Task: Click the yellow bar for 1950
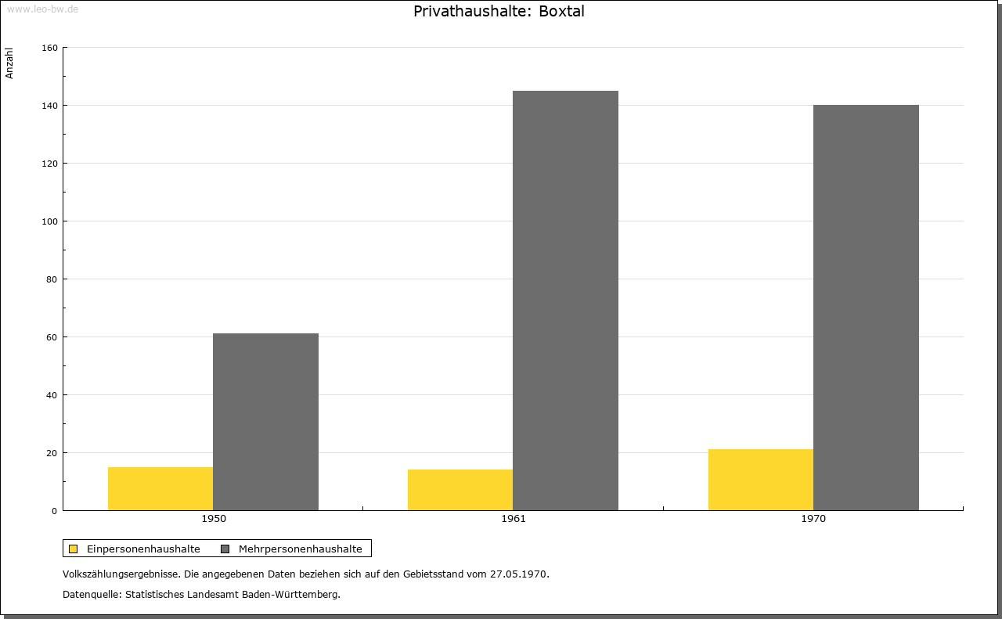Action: pos(160,489)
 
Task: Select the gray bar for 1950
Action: pos(265,422)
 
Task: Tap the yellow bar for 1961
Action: pos(460,490)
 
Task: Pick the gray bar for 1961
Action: pos(565,301)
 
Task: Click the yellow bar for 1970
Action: pos(761,480)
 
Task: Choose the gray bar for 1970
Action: pos(866,308)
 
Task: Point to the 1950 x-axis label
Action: pos(214,519)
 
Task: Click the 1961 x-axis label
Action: pos(514,519)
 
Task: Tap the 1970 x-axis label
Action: pos(813,519)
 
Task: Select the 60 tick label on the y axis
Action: pos(52,337)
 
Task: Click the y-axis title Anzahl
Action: pos(9,63)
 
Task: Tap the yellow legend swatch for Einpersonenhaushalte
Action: pos(73,549)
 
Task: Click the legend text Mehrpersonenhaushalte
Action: pos(300,549)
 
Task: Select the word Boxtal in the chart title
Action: pos(561,11)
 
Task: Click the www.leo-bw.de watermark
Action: pos(42,9)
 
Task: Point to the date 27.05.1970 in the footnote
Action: pos(518,574)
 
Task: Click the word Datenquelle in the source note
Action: pos(91,595)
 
